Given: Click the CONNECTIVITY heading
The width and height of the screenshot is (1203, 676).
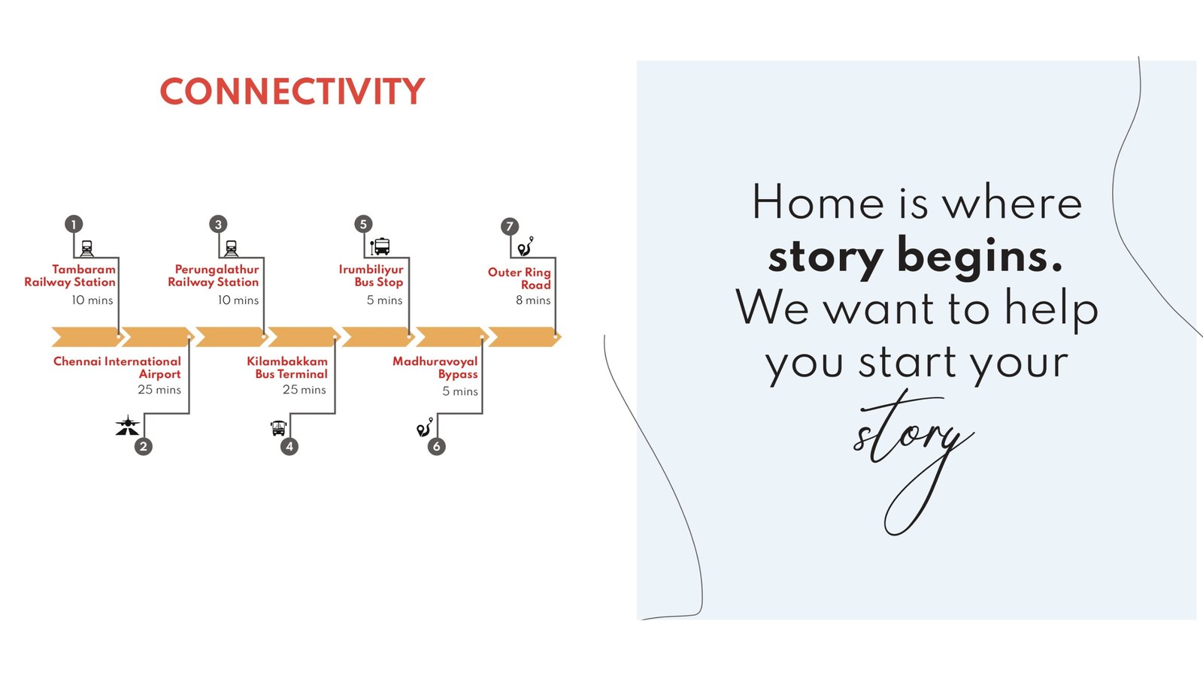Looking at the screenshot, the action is click(x=292, y=91).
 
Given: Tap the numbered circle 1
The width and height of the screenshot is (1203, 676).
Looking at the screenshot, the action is click(x=74, y=224).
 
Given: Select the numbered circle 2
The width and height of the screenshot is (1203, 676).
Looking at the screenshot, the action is click(x=144, y=446).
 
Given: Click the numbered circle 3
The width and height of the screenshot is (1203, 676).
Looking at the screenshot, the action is click(x=218, y=224).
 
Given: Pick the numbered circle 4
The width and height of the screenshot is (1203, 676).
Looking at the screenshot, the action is click(x=289, y=446).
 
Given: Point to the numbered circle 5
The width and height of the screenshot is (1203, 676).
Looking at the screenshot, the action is click(x=364, y=224).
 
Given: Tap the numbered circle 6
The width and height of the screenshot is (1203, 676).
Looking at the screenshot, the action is click(x=437, y=446).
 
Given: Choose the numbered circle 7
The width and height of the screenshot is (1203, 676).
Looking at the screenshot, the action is click(x=510, y=226).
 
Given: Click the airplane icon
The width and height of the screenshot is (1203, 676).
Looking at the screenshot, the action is click(x=128, y=425).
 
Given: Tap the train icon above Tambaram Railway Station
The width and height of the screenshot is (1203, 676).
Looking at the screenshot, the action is click(x=87, y=249).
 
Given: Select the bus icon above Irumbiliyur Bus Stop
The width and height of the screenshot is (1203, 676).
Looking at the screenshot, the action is click(x=380, y=246).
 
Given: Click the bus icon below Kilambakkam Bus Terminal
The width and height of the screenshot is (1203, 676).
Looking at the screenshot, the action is click(x=278, y=427).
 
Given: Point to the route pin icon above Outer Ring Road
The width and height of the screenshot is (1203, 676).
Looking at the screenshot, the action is click(x=526, y=246).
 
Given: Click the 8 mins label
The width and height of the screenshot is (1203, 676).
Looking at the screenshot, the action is click(x=533, y=300).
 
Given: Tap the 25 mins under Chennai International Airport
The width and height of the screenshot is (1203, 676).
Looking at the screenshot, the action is click(x=159, y=390).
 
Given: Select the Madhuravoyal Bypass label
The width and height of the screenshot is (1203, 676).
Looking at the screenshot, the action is click(x=435, y=367).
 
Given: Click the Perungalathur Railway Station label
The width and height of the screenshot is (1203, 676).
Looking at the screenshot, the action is click(x=214, y=276).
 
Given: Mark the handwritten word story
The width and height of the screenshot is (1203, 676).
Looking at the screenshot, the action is click(x=913, y=461).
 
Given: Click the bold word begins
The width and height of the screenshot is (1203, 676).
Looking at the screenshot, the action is click(x=980, y=258).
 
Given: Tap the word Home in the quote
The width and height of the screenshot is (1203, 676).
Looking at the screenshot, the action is click(x=817, y=202).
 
